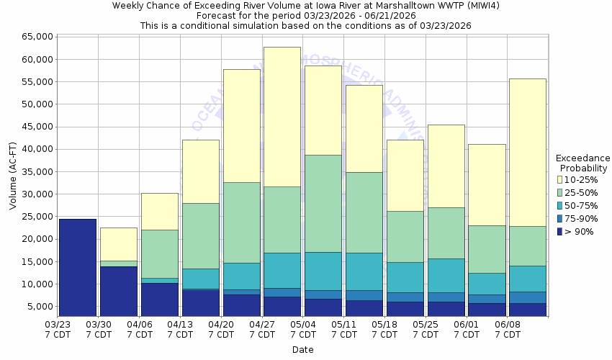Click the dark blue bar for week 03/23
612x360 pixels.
(78, 267)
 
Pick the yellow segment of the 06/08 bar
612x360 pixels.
(528, 152)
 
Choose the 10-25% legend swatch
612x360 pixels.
(560, 179)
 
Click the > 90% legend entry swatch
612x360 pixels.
(560, 231)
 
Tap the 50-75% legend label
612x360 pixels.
(581, 205)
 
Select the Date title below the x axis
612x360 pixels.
(302, 349)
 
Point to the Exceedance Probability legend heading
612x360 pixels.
(582, 163)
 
